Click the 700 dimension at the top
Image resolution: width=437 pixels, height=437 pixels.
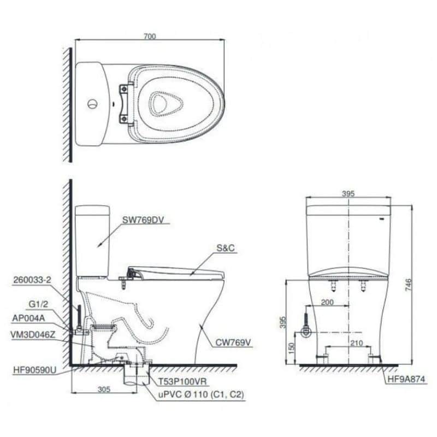pyautogui.click(x=150, y=37)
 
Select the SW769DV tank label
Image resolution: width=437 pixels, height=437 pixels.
pyautogui.click(x=143, y=220)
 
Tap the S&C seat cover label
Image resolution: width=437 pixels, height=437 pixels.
pyautogui.click(x=226, y=248)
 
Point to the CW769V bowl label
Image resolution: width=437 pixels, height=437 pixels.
pyautogui.click(x=233, y=342)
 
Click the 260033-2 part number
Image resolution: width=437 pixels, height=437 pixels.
pyautogui.click(x=32, y=280)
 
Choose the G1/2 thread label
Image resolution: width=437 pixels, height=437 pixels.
pyautogui.click(x=38, y=304)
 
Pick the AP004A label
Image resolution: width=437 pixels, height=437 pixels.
pyautogui.click(x=28, y=318)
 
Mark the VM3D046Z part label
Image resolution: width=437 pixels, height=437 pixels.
pyautogui.click(x=33, y=335)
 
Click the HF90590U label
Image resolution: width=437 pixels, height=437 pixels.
pyautogui.click(x=34, y=370)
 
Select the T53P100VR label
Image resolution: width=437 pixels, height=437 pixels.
pyautogui.click(x=182, y=381)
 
